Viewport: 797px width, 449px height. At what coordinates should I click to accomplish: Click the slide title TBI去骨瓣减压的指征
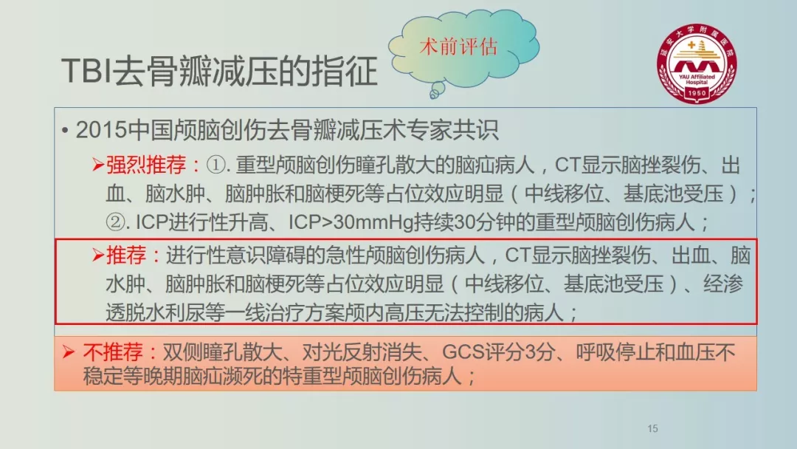pos(219,71)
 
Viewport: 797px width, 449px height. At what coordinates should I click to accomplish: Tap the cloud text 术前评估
pos(458,47)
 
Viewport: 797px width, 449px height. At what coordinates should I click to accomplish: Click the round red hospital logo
pos(697,64)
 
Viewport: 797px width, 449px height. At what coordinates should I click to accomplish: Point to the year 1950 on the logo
pos(697,93)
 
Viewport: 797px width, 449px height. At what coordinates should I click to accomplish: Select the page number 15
pos(652,428)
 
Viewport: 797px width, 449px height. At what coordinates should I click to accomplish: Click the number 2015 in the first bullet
pos(101,130)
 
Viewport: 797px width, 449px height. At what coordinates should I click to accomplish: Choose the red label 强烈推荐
pos(146,165)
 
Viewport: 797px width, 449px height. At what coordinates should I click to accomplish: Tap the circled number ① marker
pos(216,165)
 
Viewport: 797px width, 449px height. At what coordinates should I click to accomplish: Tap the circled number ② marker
pos(115,222)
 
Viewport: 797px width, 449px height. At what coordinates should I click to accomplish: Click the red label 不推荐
pos(114,352)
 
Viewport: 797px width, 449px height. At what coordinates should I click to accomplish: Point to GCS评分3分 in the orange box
pos(498,352)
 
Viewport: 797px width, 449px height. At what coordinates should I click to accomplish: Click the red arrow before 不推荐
pos(69,352)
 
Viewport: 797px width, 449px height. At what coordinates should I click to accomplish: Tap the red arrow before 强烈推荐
pos(98,165)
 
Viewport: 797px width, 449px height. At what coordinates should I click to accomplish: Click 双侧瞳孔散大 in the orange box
pos(222,352)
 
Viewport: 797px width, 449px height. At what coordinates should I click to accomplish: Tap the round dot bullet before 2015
pos(64,131)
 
